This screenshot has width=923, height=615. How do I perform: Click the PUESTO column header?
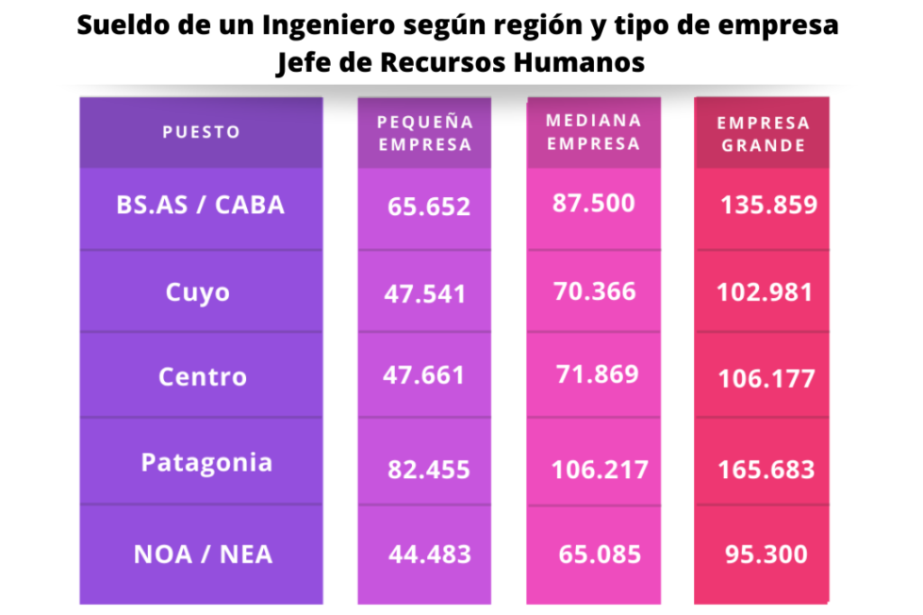(x=201, y=132)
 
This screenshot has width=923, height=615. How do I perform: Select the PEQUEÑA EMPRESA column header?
(x=425, y=132)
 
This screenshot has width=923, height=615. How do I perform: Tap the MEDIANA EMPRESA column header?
(x=593, y=131)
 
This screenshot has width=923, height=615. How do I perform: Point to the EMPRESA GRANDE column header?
(x=763, y=133)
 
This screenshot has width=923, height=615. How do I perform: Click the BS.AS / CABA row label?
(x=200, y=205)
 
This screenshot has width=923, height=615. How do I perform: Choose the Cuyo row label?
(x=198, y=293)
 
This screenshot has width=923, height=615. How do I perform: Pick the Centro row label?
(x=203, y=376)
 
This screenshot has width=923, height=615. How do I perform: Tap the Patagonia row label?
(x=206, y=463)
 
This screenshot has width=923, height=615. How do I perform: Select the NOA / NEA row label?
(x=203, y=554)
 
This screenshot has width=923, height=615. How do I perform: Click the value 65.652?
(x=429, y=207)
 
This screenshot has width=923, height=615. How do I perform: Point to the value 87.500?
(x=593, y=203)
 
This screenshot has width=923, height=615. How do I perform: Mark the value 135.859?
(x=769, y=204)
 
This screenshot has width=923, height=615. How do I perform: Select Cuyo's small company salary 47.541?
(x=425, y=294)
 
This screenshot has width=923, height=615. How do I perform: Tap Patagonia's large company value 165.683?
(x=766, y=469)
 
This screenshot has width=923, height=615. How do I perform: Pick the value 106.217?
(x=599, y=469)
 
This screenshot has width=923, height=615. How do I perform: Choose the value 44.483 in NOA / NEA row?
(x=429, y=555)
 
